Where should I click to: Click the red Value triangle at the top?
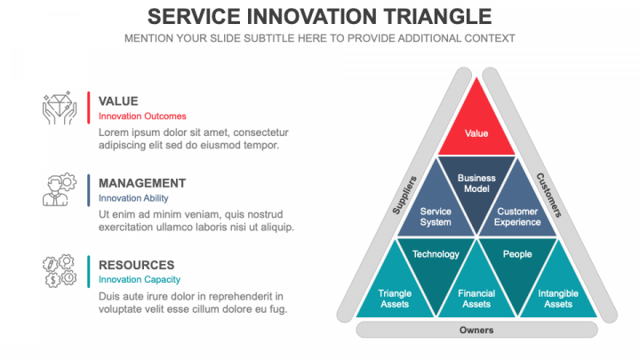[476, 129]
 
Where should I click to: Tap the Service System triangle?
[436, 213]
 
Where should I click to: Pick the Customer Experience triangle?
[517, 213]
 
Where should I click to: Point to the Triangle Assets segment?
[395, 297]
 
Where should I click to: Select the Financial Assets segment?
[476, 297]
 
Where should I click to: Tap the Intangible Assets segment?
[558, 297]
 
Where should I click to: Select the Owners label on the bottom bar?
[476, 330]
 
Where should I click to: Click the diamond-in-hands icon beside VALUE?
[59, 108]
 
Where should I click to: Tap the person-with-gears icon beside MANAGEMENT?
[59, 189]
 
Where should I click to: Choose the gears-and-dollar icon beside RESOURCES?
[59, 271]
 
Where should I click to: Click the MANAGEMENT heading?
[142, 183]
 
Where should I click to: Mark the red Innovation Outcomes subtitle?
[142, 116]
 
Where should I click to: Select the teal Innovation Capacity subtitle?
[142, 280]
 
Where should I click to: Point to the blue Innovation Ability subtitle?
[133, 198]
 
